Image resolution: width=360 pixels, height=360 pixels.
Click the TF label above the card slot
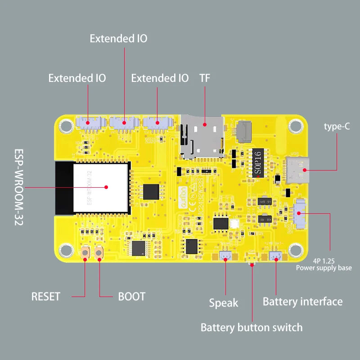pyautogui.click(x=205, y=78)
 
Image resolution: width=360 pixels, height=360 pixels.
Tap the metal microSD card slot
pyautogui.click(x=202, y=137)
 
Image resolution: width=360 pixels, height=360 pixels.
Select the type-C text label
pyautogui.click(x=337, y=126)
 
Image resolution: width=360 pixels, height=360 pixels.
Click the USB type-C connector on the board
pyautogui.click(x=299, y=170)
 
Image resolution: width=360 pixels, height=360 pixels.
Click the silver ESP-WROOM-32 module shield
pyautogui.click(x=102, y=187)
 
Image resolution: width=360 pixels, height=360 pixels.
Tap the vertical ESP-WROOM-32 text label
pyautogui.click(x=18, y=187)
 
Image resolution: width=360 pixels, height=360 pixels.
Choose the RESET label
pyautogui.click(x=45, y=297)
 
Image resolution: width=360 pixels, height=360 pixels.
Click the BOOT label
pyautogui.click(x=131, y=297)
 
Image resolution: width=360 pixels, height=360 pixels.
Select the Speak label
pyautogui.click(x=224, y=303)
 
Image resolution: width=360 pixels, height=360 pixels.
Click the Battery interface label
pyautogui.click(x=302, y=301)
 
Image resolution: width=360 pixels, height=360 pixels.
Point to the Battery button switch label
pyautogui.click(x=251, y=327)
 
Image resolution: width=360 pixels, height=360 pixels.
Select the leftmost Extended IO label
pyautogui.click(x=77, y=78)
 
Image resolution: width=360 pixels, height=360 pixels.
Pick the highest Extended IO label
pyautogui.click(x=118, y=38)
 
